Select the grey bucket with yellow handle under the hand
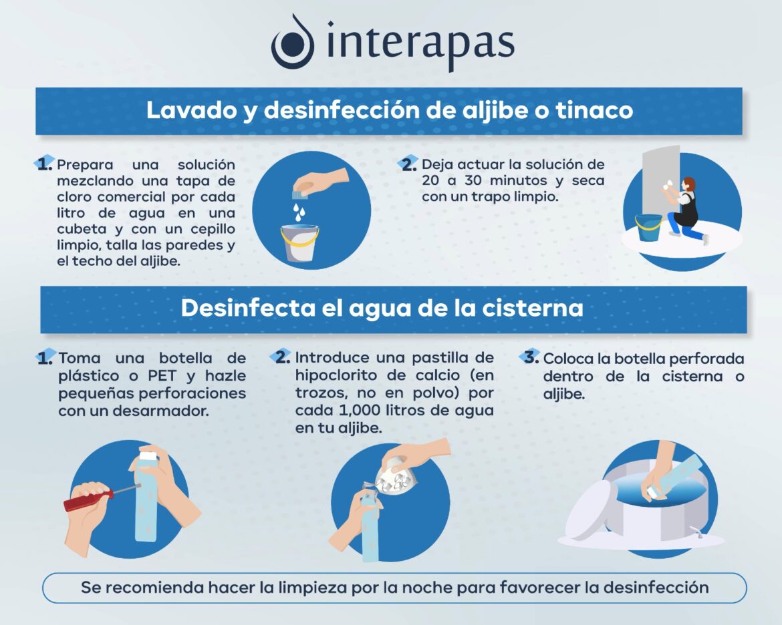(299, 242)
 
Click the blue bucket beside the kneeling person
(648, 228)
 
